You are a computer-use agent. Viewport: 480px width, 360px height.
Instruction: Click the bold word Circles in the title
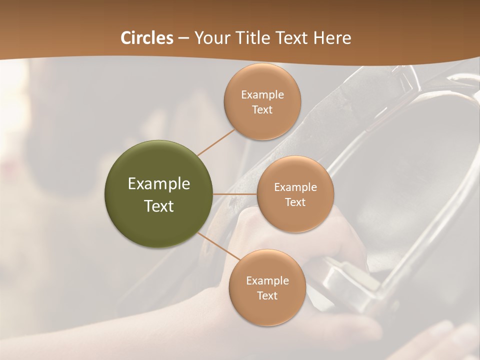(146, 38)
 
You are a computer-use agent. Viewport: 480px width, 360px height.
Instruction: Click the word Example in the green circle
(159, 184)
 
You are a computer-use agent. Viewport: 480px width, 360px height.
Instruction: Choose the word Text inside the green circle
(159, 206)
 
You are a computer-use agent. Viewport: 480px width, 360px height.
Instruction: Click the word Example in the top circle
(262, 94)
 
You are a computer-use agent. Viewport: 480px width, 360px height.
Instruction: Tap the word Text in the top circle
(262, 109)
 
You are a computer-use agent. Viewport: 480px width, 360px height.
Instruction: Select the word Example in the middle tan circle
(295, 187)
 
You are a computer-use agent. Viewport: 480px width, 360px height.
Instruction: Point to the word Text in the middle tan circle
(295, 202)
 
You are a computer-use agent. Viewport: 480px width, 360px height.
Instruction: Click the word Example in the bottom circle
(267, 280)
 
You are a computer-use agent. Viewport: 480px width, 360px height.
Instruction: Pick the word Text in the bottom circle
(267, 295)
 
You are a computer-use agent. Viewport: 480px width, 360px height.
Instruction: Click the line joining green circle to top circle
(216, 141)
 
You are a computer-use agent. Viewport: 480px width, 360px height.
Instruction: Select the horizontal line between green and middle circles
(235, 194)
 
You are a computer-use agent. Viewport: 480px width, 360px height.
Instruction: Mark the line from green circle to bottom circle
(219, 246)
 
